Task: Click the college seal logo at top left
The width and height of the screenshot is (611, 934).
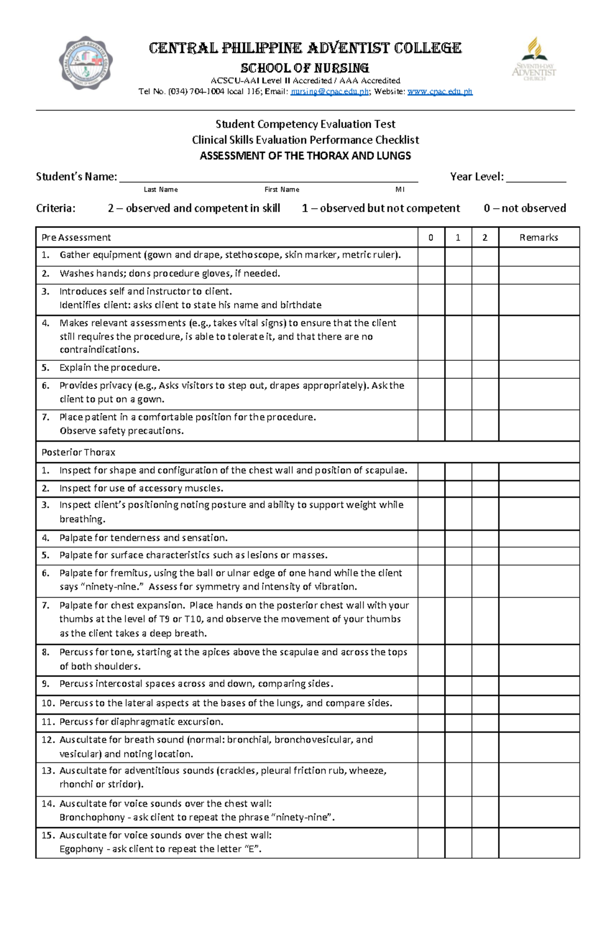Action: (86, 63)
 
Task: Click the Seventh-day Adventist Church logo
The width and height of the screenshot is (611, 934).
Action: (534, 59)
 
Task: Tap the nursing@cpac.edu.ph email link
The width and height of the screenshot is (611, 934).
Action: (329, 92)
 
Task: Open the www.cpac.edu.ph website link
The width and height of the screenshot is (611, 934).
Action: (440, 92)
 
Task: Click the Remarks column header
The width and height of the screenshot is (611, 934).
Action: (539, 237)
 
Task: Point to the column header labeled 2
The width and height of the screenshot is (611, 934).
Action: (485, 237)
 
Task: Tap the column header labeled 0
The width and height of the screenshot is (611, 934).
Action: (431, 237)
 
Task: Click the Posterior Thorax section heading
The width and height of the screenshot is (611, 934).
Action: (78, 452)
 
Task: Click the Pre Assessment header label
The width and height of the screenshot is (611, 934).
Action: (76, 237)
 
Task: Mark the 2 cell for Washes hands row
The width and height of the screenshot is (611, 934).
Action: (485, 274)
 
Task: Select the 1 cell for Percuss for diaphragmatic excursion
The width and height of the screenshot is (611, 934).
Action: (458, 722)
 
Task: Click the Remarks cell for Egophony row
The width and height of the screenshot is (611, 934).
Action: (539, 842)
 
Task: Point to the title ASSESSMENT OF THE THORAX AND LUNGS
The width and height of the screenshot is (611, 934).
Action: (305, 156)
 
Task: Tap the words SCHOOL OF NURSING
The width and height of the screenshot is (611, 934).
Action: (304, 68)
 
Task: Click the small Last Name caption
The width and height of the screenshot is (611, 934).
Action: (160, 189)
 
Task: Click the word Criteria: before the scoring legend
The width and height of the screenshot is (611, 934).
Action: (55, 208)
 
